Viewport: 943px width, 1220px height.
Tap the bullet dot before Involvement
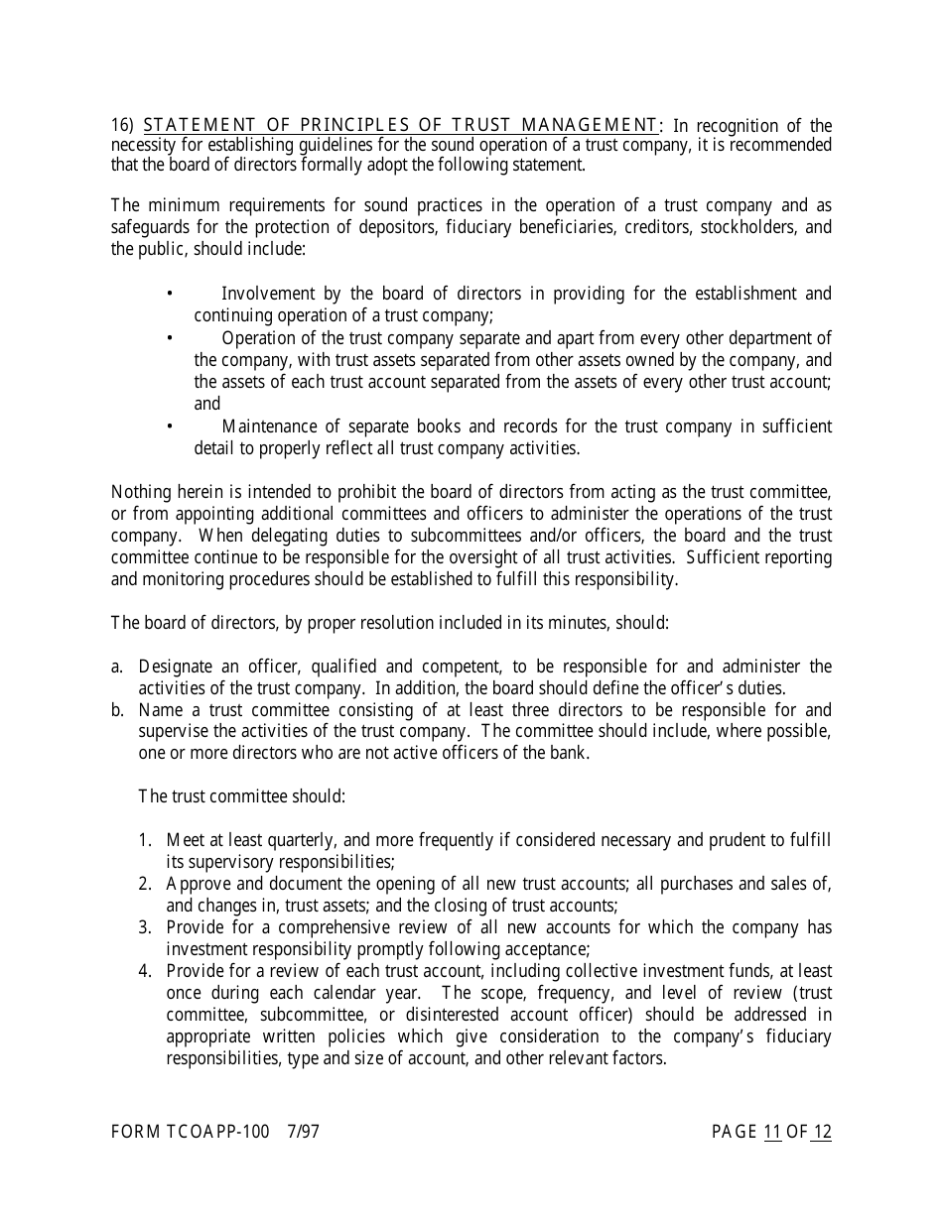[x=170, y=294]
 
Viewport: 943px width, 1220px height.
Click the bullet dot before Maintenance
[x=170, y=427]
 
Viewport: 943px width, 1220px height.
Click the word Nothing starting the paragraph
[x=142, y=492]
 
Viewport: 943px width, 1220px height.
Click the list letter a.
[x=117, y=667]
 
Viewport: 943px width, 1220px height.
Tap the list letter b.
[x=117, y=710]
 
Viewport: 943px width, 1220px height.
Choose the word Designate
[x=179, y=667]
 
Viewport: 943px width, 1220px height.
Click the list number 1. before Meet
[x=145, y=841]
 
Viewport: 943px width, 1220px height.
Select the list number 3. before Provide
[x=145, y=928]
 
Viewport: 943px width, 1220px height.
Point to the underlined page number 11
[x=772, y=1133]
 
